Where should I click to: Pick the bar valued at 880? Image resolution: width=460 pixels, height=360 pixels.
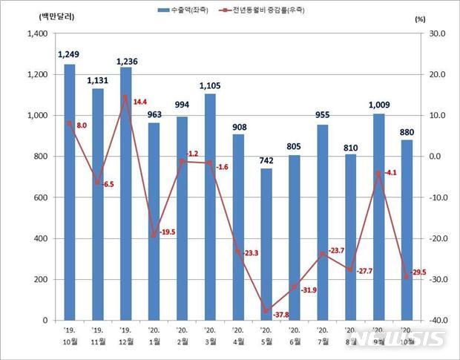(407, 230)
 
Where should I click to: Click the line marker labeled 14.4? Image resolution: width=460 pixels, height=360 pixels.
(125, 97)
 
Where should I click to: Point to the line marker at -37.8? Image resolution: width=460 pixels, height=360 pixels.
(266, 311)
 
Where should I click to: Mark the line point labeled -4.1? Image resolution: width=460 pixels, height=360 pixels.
(378, 173)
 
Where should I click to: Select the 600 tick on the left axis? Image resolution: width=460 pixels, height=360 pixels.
(41, 197)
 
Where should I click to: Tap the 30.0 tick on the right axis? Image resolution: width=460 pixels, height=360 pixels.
(436, 33)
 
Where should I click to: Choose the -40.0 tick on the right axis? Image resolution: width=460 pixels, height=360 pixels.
(436, 321)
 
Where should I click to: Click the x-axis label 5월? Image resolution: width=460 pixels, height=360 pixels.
(266, 342)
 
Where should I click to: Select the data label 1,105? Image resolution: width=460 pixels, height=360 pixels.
(210, 86)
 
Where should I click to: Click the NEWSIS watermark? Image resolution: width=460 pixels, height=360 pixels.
(412, 338)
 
